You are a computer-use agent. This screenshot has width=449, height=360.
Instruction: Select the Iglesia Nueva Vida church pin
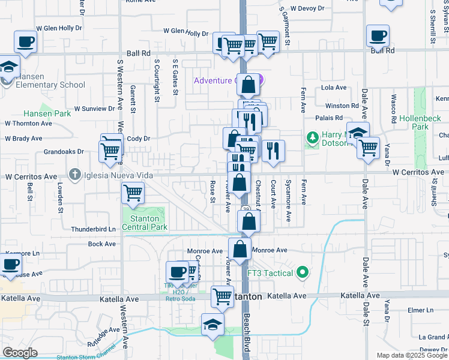click(x=74, y=175)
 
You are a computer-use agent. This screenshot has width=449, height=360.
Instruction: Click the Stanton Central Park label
click(x=144, y=223)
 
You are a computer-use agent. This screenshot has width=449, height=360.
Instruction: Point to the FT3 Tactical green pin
click(x=303, y=273)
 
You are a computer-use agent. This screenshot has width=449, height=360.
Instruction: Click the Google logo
click(x=20, y=352)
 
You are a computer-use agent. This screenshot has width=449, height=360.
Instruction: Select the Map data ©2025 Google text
click(x=412, y=355)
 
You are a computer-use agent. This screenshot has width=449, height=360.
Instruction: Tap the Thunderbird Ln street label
click(x=93, y=229)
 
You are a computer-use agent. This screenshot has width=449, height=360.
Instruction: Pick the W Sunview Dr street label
click(x=94, y=109)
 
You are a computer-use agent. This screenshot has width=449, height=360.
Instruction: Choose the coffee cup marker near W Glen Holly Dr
click(x=25, y=42)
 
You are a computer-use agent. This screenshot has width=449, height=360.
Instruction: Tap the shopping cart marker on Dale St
click(x=368, y=147)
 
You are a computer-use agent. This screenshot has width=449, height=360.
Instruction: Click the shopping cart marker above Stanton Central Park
click(x=133, y=193)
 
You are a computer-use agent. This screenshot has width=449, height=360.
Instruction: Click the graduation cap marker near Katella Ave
click(x=212, y=325)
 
